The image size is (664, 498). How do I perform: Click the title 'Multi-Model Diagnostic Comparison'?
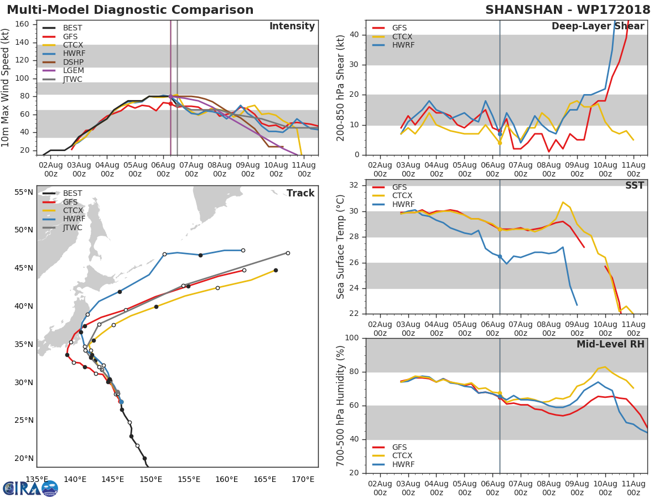(x=130, y=10)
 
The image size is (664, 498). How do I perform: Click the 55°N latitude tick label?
(x=24, y=192)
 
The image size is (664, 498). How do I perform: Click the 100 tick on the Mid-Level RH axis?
(x=351, y=338)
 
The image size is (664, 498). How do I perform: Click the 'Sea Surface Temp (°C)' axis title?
(x=341, y=246)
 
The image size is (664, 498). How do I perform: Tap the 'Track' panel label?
(x=300, y=193)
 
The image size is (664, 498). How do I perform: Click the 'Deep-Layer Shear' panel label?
(x=598, y=27)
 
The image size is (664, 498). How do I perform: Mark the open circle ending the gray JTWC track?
(x=288, y=253)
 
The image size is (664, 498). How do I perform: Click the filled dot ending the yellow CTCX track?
(x=276, y=270)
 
